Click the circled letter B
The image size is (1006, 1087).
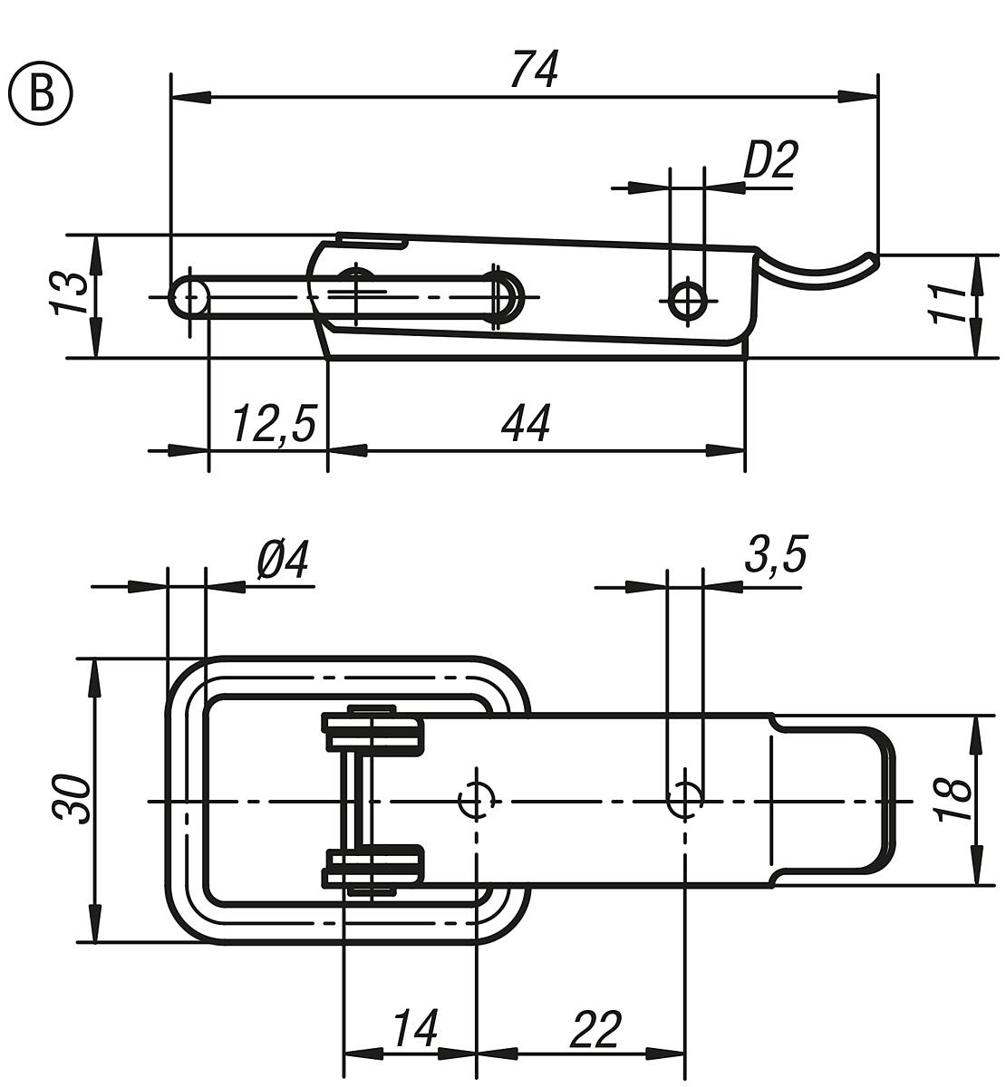click(x=40, y=95)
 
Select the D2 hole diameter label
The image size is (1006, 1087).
click(x=770, y=160)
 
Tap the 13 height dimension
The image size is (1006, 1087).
click(x=72, y=293)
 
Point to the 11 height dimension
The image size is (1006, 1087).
click(x=948, y=303)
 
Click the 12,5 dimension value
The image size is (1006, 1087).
click(x=273, y=424)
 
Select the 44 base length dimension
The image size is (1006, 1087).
click(x=525, y=424)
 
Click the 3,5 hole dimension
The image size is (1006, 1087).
click(x=776, y=554)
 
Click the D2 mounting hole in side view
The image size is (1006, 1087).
click(x=688, y=300)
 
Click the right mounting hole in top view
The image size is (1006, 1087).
click(x=685, y=798)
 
